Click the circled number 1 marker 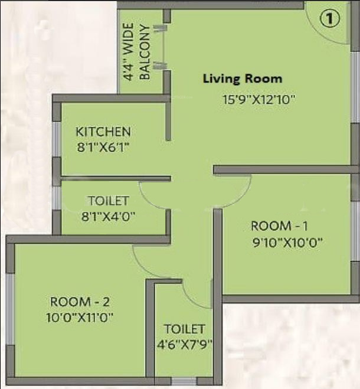[x=330, y=18]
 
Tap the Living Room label [x=243, y=79]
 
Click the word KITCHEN [x=103, y=131]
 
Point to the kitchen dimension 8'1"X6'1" [x=103, y=148]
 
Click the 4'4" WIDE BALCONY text [x=136, y=52]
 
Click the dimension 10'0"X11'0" [x=80, y=318]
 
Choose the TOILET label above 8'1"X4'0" [x=108, y=201]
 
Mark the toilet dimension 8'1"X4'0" [x=109, y=216]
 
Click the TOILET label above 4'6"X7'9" [x=184, y=329]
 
